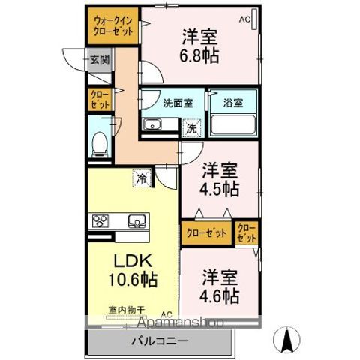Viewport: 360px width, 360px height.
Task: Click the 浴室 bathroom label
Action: pos(232,103)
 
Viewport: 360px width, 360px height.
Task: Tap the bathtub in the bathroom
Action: pos(233,124)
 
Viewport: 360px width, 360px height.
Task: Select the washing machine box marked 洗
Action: pos(192,127)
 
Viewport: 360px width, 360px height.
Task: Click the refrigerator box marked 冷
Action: pos(141,178)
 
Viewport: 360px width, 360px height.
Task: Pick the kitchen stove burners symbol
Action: pos(101,220)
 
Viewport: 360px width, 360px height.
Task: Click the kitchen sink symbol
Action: pos(136,220)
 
